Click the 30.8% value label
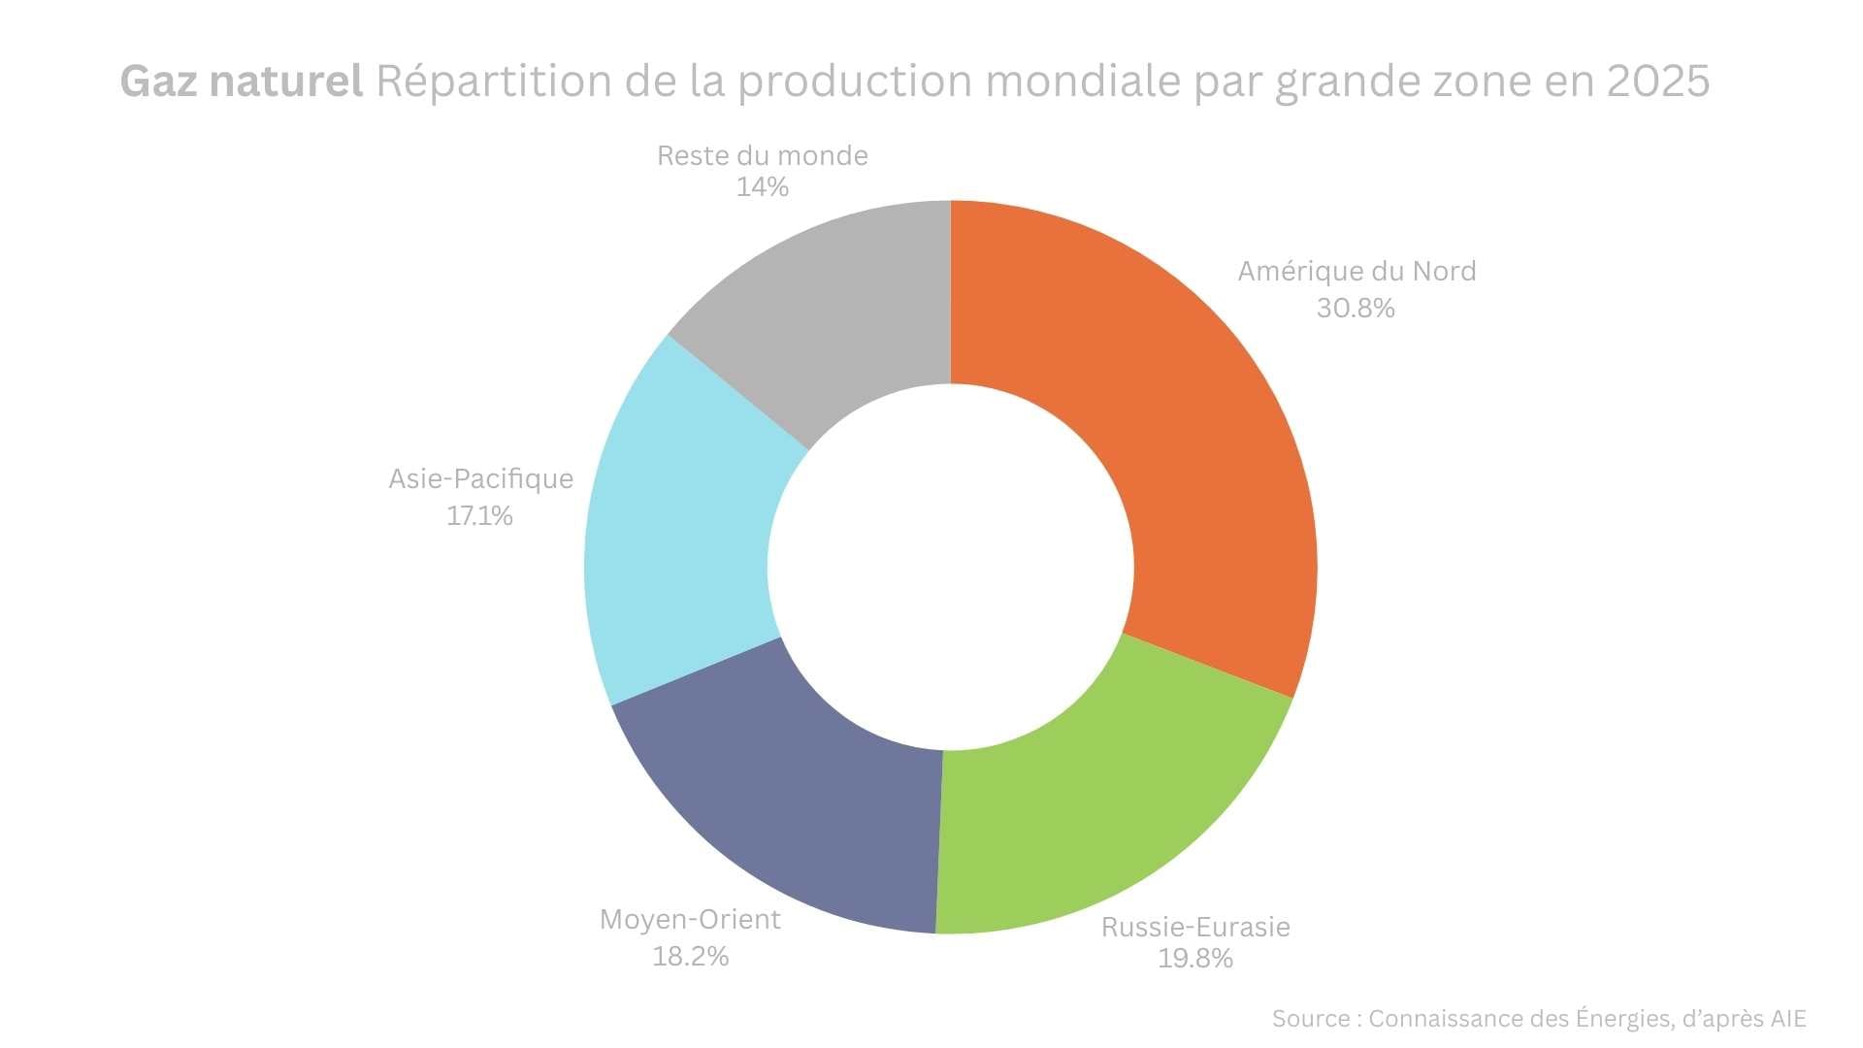point(1356,309)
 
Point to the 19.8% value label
point(1195,959)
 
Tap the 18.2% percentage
point(690,957)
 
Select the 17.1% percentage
point(479,516)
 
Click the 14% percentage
point(762,187)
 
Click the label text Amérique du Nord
point(1356,272)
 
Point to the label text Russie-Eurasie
point(1195,928)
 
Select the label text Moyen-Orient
point(690,920)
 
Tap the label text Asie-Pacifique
point(480,479)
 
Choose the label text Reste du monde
point(762,156)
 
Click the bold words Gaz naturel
point(242,82)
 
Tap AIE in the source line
point(1787,1019)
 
